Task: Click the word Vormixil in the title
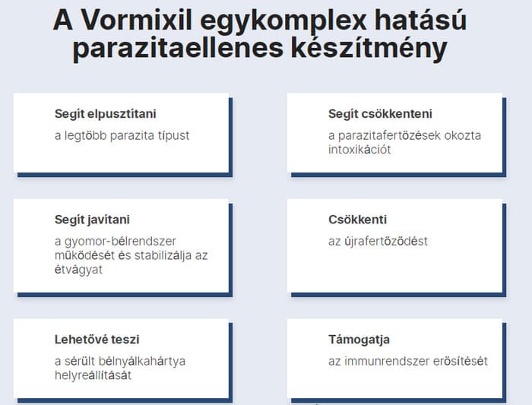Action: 136,21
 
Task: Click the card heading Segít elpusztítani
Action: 106,114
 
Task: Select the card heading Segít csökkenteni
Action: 380,114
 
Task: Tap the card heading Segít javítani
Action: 92,220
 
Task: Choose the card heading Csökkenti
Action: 358,220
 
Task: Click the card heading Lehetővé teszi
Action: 97,339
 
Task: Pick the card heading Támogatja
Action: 359,340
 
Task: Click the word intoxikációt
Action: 359,150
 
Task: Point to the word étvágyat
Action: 78,270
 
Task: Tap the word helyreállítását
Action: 93,375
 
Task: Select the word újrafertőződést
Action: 386,242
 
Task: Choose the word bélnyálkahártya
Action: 142,362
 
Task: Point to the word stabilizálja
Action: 163,256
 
